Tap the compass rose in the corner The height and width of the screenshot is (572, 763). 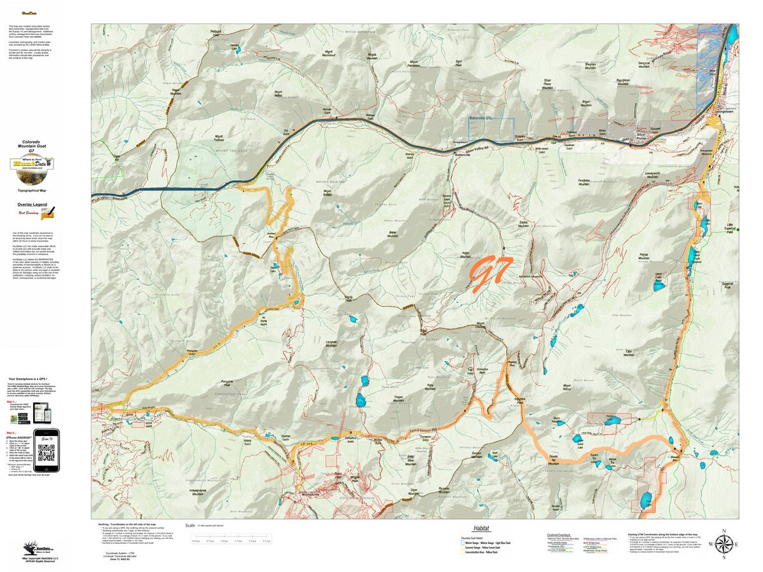pyautogui.click(x=723, y=544)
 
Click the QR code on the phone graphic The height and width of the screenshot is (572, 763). pyautogui.click(x=46, y=452)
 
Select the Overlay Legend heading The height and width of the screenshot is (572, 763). pyautogui.click(x=31, y=205)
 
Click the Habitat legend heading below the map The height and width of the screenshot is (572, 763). pyautogui.click(x=482, y=528)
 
